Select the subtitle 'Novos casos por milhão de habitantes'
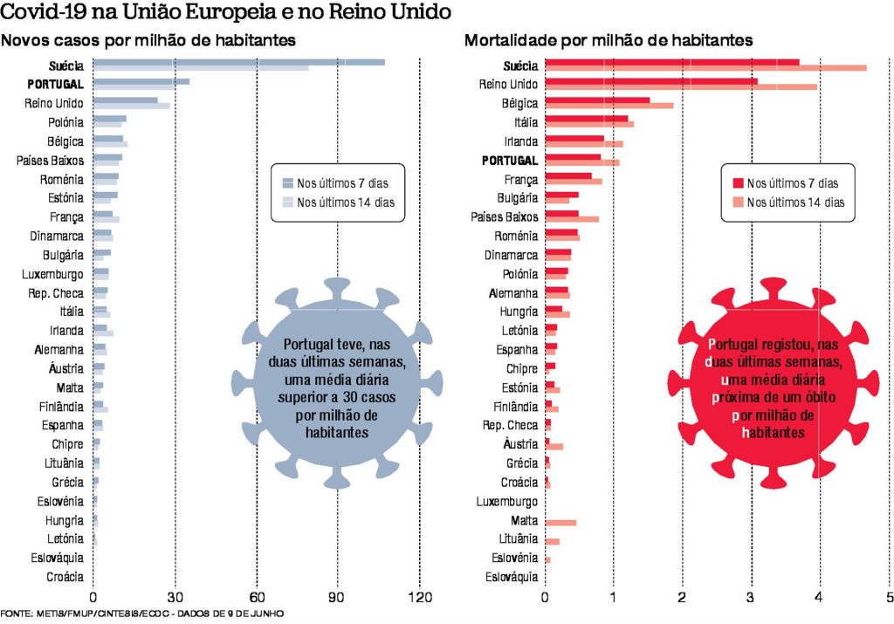pos(148,41)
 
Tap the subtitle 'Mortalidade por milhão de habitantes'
pos(609,41)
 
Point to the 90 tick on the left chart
pos(338,599)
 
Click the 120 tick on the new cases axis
pos(420,599)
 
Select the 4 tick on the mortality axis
pos(819,599)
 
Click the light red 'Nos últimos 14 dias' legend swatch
pos(738,202)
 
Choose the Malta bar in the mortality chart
pos(560,523)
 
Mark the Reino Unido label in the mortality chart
pos(508,84)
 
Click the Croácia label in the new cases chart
pos(65,576)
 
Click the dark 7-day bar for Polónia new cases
pos(109,119)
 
